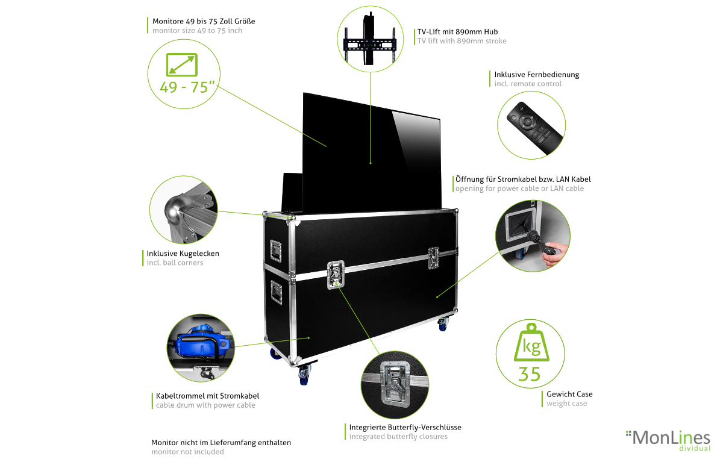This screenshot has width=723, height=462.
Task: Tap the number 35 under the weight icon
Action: [x=530, y=373]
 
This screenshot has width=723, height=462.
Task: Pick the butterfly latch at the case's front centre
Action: [x=336, y=276]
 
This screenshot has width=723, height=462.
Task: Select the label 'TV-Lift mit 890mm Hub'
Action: [x=457, y=31]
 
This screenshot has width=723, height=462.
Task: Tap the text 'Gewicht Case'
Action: [x=569, y=394]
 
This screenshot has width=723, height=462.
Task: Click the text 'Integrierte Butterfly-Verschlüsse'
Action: [x=405, y=427]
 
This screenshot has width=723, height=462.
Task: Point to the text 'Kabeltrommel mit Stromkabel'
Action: [x=207, y=396]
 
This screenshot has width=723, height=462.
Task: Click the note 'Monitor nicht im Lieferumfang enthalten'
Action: [x=221, y=442]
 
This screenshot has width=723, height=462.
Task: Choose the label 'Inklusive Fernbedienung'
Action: [x=536, y=75]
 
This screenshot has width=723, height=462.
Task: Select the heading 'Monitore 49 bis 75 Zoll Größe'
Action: [x=204, y=21]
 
